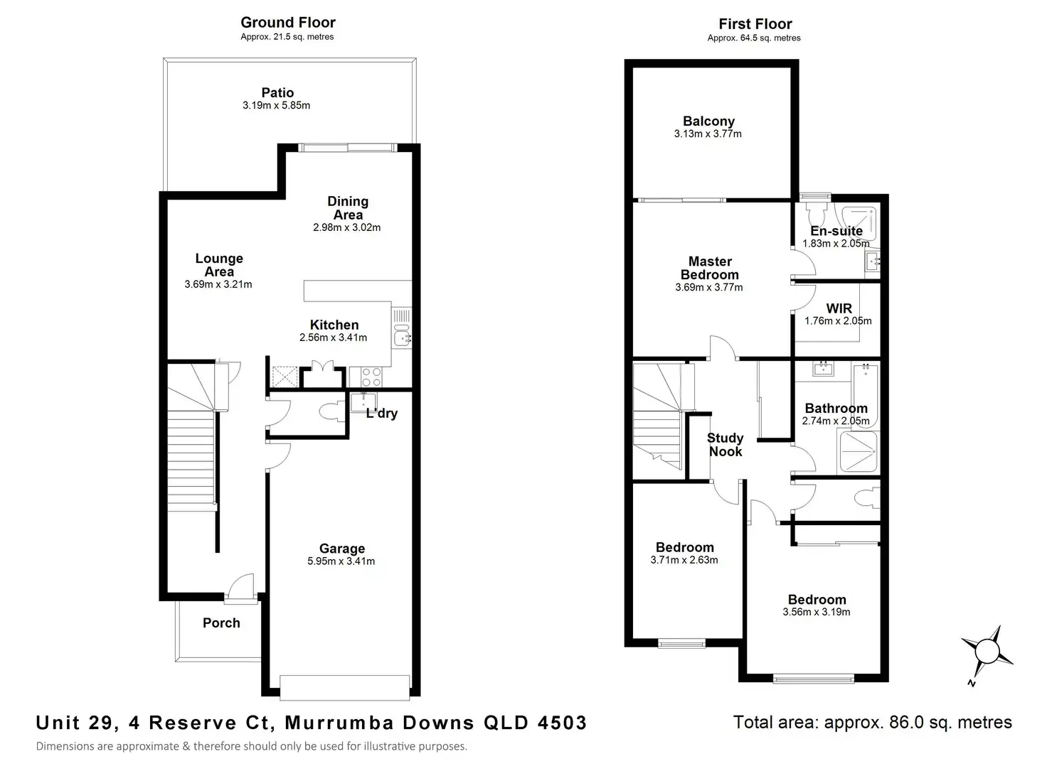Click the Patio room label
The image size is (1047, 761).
(277, 92)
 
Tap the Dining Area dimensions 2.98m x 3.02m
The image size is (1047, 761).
(347, 227)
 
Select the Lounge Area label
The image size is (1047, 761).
(219, 265)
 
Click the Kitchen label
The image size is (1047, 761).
(334, 325)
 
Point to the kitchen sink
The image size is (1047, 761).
(401, 338)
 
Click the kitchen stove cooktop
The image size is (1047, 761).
(371, 377)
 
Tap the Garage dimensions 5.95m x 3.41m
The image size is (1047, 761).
(341, 561)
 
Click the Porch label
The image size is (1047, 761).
(221, 623)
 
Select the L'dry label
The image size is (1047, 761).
(382, 414)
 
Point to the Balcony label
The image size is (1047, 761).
(708, 122)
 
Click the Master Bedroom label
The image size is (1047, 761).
(710, 268)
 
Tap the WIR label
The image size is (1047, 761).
(839, 308)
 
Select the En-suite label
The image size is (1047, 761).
(836, 231)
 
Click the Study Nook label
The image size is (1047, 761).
(726, 445)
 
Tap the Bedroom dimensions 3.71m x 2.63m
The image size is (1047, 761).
(684, 560)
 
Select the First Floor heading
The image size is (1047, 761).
(755, 24)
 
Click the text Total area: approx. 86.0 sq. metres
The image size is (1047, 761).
(873, 723)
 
